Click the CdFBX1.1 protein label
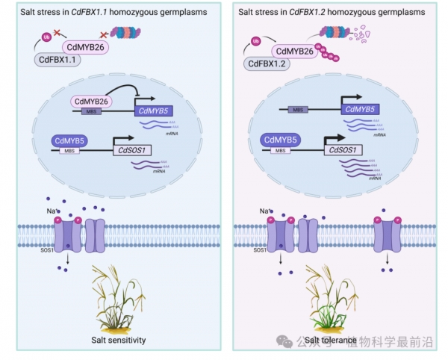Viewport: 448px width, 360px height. click(56, 60)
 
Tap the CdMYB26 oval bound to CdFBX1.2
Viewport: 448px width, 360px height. click(304, 51)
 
